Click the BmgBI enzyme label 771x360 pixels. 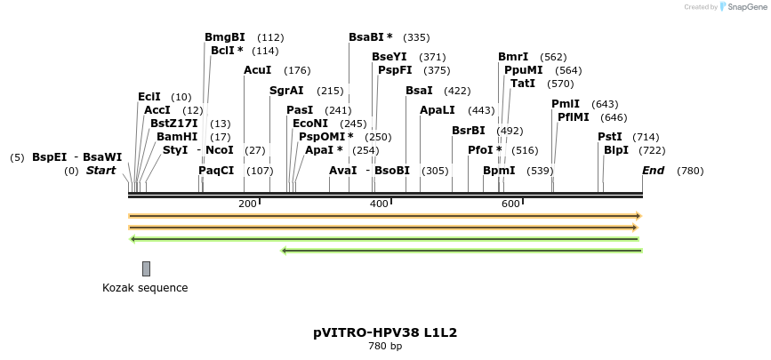pyautogui.click(x=224, y=37)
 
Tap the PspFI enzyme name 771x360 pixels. pyautogui.click(x=395, y=70)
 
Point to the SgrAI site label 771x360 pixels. pyautogui.click(x=286, y=91)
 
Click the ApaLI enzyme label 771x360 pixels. pyautogui.click(x=438, y=110)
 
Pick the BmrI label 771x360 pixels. pyautogui.click(x=513, y=57)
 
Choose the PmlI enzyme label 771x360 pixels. pyautogui.click(x=566, y=104)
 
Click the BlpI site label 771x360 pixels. pyautogui.click(x=616, y=150)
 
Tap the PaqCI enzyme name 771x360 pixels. pyautogui.click(x=216, y=170)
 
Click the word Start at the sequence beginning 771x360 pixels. pyautogui.click(x=100, y=170)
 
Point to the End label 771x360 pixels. pyautogui.click(x=653, y=170)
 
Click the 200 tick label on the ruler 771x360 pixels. pyautogui.click(x=247, y=204)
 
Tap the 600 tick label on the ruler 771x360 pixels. pyautogui.click(x=510, y=204)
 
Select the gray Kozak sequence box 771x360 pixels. pyautogui.click(x=146, y=268)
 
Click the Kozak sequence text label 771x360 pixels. pyautogui.click(x=145, y=288)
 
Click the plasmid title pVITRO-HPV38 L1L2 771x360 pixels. pyautogui.click(x=385, y=332)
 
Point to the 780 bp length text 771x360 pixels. pyautogui.click(x=385, y=347)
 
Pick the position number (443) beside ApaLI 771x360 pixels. pyautogui.click(x=481, y=110)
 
